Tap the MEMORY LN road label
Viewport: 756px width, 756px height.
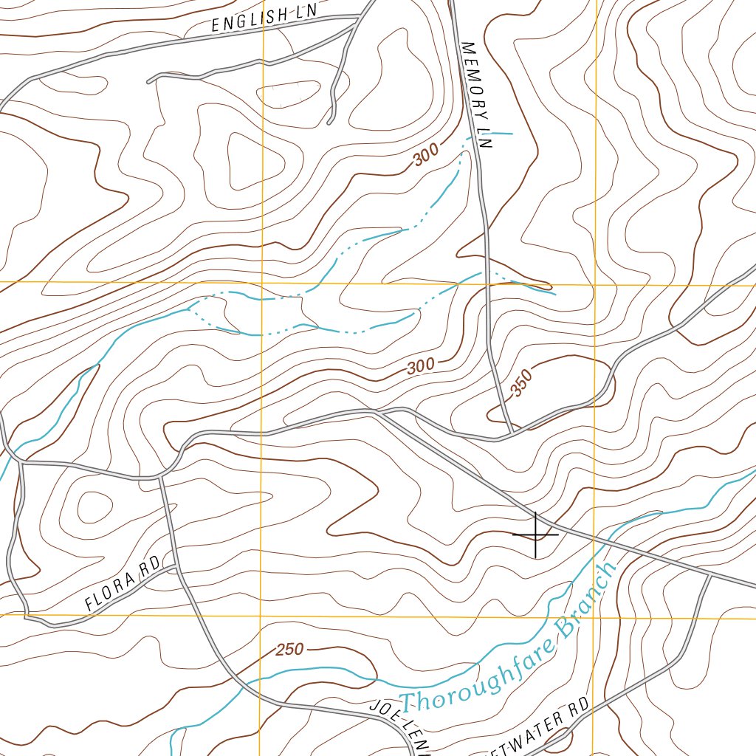pos(476,96)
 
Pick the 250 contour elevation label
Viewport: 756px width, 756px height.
pos(289,650)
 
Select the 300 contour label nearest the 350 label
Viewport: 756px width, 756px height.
pos(420,365)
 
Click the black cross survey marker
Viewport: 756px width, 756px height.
pos(535,535)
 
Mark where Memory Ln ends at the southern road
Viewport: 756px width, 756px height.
pos(511,431)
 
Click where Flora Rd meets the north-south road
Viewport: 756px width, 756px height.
pos(176,567)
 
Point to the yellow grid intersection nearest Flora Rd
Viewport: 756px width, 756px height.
pos(262,615)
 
